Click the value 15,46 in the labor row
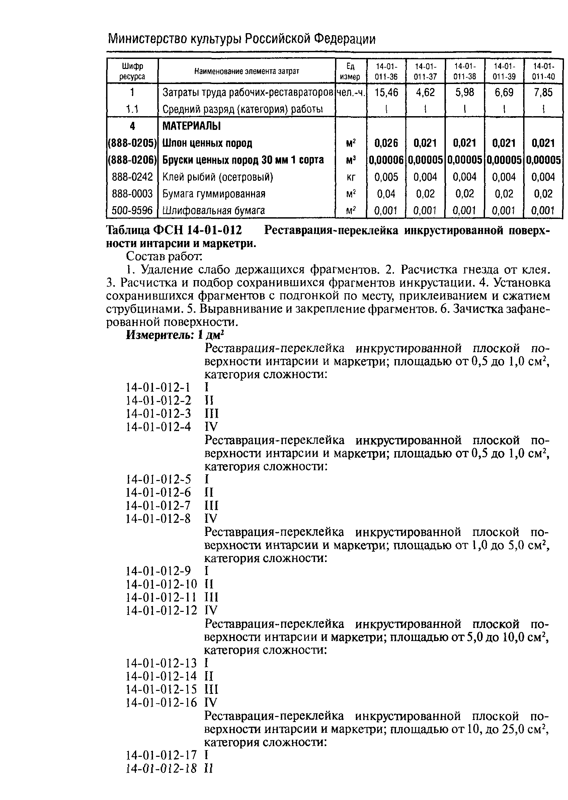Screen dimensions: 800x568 pyautogui.click(x=386, y=92)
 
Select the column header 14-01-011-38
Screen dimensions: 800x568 pyautogui.click(x=465, y=71)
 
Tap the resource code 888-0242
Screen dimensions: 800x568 pyautogui.click(x=132, y=177)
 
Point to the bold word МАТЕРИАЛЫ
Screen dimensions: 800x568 pyautogui.click(x=191, y=126)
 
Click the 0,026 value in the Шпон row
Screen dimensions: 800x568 pyautogui.click(x=386, y=143)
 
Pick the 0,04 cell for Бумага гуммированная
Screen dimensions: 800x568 pyautogui.click(x=386, y=194)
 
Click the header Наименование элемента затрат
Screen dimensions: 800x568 pyautogui.click(x=247, y=71)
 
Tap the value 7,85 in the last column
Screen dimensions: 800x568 pyautogui.click(x=543, y=92)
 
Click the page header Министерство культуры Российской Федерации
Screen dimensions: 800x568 pyautogui.click(x=241, y=38)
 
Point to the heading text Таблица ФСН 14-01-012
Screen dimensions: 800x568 pyautogui.click(x=174, y=230)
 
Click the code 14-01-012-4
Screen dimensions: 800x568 pyautogui.click(x=158, y=427)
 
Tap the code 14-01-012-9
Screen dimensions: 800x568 pyautogui.click(x=158, y=571)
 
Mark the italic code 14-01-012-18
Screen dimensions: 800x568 pyautogui.click(x=161, y=768)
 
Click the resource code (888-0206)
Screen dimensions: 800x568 pyautogui.click(x=132, y=160)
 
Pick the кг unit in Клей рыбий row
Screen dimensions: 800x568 pyautogui.click(x=351, y=177)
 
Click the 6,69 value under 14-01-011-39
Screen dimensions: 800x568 pyautogui.click(x=504, y=92)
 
